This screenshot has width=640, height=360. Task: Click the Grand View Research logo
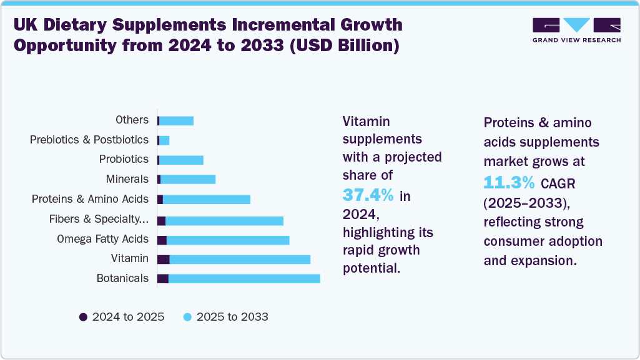coord(576,30)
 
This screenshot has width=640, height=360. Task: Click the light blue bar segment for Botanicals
coord(244,278)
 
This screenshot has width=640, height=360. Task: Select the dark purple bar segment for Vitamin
coord(164,259)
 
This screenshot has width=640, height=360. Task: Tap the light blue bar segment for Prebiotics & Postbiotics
coord(164,140)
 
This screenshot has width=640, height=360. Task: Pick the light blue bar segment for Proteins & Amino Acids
coord(206,199)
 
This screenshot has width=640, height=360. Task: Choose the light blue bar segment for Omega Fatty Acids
coord(228,240)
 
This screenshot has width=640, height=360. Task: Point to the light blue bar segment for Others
coord(177,120)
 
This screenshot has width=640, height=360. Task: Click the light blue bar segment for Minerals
coord(188,180)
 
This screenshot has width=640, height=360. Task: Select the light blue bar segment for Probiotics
coord(182,160)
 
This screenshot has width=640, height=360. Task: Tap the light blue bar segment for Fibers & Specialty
coord(224,220)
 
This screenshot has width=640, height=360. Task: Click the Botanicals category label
coord(122,278)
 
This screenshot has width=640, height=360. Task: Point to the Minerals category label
coord(127,179)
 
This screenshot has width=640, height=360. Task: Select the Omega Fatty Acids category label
coord(102,239)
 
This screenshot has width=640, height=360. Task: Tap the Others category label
coord(132,120)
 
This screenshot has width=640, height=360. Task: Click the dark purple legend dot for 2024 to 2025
coord(83,317)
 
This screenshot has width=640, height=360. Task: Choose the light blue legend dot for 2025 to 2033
coord(187,317)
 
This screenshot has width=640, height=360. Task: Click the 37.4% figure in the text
coord(368,195)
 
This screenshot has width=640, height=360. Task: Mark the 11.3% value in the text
coord(510,182)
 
